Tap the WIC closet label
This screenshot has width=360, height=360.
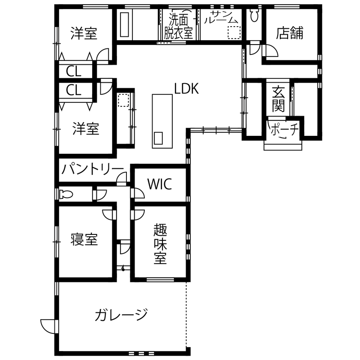(159, 184)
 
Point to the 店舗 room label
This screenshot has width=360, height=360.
(289, 33)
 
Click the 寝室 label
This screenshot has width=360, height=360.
(84, 239)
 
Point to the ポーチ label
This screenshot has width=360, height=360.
(282, 129)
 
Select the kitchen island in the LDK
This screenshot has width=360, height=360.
(162, 121)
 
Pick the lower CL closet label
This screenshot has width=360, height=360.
(74, 90)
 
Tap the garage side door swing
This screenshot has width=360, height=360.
(48, 326)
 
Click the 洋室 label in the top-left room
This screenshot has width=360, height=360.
(84, 33)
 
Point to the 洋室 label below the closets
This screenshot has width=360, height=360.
(86, 128)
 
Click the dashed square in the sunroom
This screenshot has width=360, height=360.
(234, 33)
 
